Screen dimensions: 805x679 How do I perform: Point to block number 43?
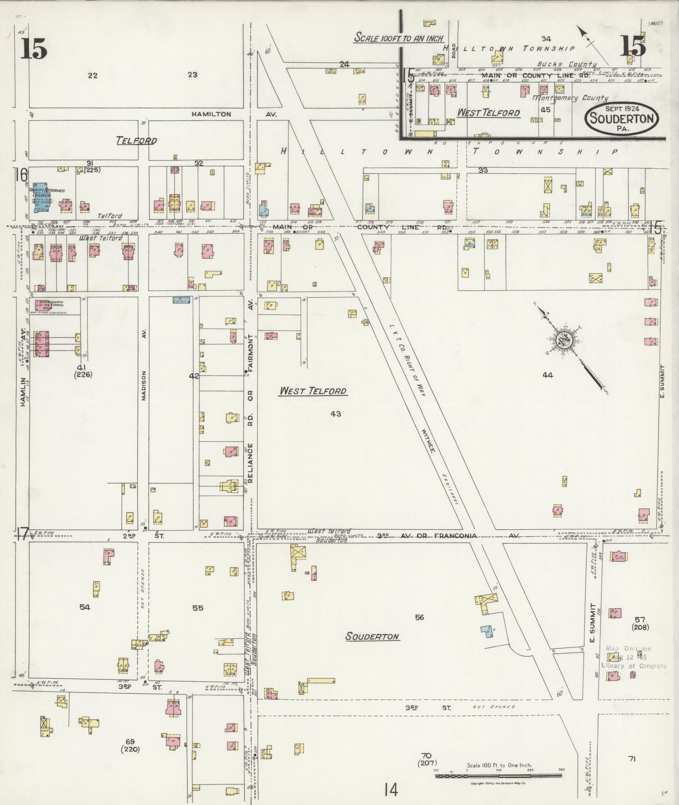(336, 414)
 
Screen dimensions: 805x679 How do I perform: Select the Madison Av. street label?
(144, 385)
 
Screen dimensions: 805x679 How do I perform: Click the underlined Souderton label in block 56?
(372, 637)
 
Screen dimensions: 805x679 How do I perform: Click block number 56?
(419, 617)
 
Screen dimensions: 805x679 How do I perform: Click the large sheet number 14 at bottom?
(390, 790)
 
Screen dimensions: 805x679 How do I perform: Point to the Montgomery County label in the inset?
(570, 98)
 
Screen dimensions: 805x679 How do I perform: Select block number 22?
(93, 76)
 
